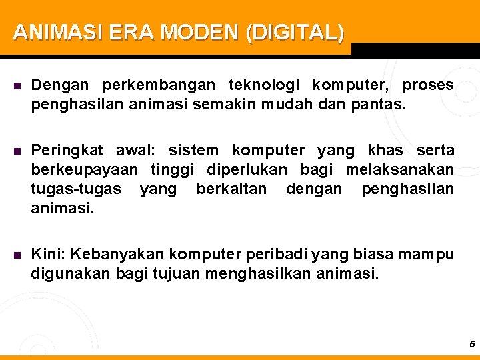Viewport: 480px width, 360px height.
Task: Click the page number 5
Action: pos(472,345)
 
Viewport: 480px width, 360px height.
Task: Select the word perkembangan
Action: pos(158,85)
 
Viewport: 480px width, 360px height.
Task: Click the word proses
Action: pos(428,85)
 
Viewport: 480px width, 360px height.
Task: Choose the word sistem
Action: pos(193,151)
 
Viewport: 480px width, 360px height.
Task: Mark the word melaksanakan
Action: pos(399,169)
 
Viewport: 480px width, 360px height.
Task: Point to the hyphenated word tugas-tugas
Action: pos(76,189)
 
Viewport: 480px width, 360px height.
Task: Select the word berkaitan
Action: pos(231,189)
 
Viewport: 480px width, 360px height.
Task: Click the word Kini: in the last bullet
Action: pos(49,254)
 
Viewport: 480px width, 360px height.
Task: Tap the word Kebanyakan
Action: pos(118,254)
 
